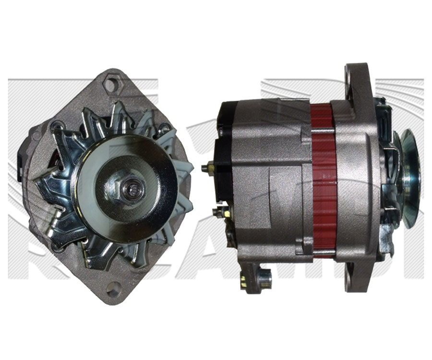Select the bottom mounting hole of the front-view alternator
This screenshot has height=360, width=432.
coord(113,288)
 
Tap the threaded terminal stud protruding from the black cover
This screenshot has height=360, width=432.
coord(206,168)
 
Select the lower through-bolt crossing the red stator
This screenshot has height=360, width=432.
coord(323,252)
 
